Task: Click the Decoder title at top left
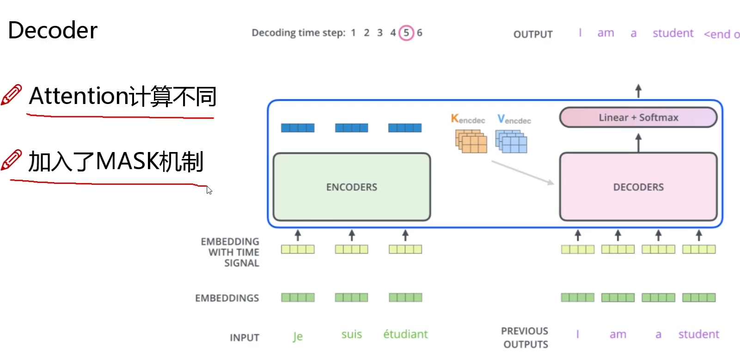[53, 31]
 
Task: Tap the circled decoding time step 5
[406, 33]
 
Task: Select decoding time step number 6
[419, 33]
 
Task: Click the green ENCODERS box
[352, 187]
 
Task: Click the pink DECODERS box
[638, 187]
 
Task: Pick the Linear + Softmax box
[638, 117]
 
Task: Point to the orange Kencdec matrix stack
[471, 141]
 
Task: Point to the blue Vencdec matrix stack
[511, 141]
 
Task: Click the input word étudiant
[405, 334]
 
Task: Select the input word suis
[351, 334]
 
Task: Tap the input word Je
[298, 336]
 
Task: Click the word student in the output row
[673, 33]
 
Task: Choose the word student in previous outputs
[698, 334]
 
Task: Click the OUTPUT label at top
[533, 34]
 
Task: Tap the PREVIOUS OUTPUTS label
[525, 337]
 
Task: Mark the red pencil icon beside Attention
[12, 95]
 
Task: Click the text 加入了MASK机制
[116, 162]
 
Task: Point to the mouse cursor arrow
[209, 190]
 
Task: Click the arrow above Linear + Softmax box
[638, 91]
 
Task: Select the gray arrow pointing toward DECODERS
[522, 172]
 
